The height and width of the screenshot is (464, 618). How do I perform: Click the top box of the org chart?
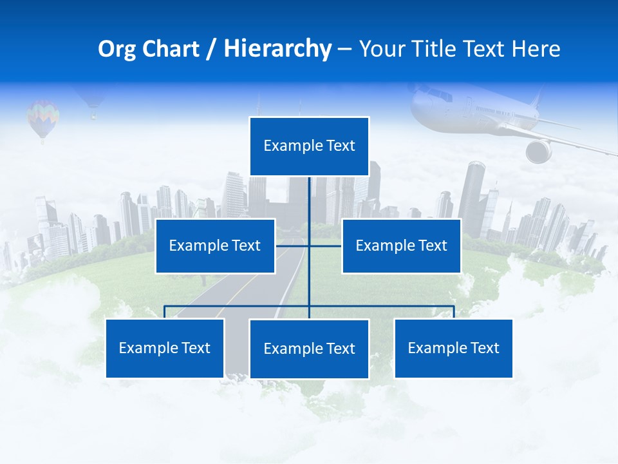[x=309, y=146]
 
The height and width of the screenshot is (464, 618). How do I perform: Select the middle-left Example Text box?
[x=215, y=246]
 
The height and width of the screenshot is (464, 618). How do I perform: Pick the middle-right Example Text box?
[x=401, y=246]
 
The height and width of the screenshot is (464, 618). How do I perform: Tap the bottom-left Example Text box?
[x=165, y=348]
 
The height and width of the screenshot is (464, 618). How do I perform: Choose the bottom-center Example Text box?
[x=309, y=349]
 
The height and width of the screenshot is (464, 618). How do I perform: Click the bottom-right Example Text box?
[x=453, y=348]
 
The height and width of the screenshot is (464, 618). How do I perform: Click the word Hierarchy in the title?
[x=277, y=49]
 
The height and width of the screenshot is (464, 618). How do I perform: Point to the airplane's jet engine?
[x=539, y=151]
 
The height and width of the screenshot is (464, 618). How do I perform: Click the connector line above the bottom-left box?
[x=165, y=311]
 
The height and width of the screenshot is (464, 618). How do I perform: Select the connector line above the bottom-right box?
[x=453, y=311]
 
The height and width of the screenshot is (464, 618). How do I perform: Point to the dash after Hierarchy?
[x=344, y=49]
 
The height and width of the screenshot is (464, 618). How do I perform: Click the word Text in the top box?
[x=340, y=146]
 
